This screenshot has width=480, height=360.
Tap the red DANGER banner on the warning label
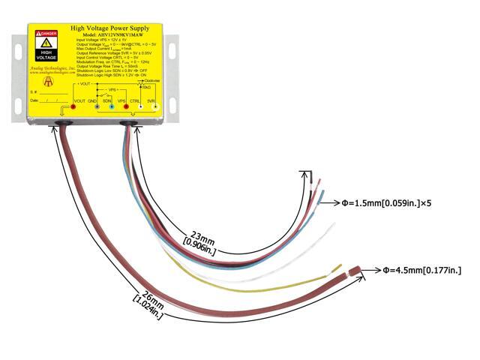coord(47,34)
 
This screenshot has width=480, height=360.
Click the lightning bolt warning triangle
coord(47,45)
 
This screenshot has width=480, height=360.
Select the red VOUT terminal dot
coord(73,107)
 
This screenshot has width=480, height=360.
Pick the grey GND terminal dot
coord(92,107)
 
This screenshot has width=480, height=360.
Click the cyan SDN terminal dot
coord(112,107)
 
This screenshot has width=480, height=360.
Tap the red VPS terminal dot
coord(130,107)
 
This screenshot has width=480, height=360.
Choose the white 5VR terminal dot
coord(155,107)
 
